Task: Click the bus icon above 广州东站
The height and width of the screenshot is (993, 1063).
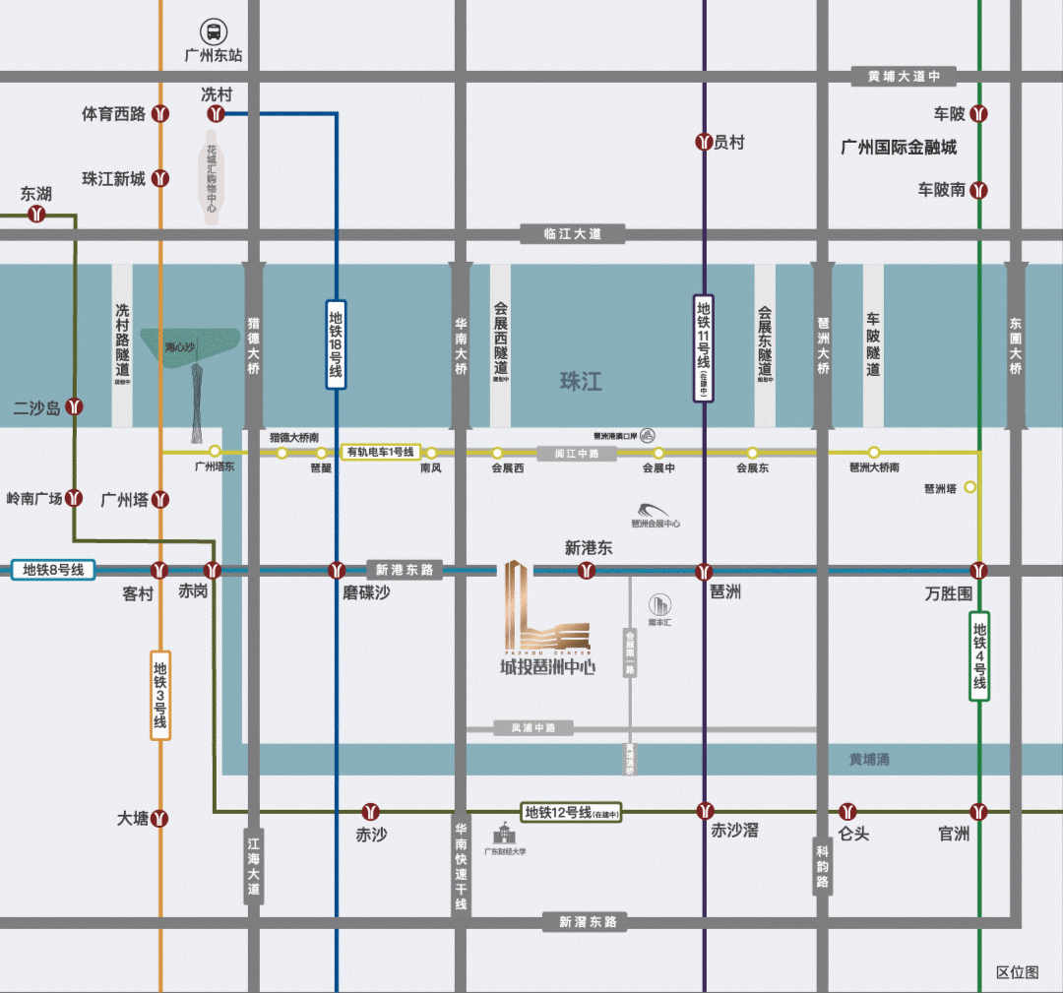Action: [213, 31]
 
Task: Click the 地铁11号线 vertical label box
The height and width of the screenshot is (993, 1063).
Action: [704, 347]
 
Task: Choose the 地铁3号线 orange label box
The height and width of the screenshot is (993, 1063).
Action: [160, 695]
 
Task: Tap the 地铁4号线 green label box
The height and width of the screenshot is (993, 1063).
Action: [979, 655]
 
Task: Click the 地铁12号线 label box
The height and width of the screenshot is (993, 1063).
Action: [571, 813]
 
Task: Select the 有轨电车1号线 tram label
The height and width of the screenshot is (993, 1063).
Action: [381, 453]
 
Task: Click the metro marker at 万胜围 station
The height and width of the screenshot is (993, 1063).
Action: [979, 570]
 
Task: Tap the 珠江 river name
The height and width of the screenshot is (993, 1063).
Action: [581, 381]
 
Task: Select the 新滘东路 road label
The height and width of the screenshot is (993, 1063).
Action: [588, 922]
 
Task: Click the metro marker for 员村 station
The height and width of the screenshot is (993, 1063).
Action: [704, 143]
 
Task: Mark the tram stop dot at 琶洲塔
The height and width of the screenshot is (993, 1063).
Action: [970, 487]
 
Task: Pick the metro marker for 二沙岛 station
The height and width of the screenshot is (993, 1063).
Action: [75, 406]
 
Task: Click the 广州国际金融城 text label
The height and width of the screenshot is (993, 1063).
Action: [899, 148]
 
